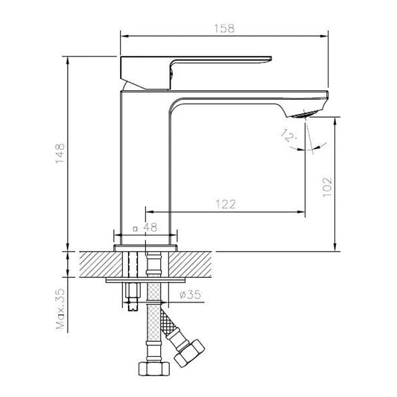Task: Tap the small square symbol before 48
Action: (135, 230)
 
